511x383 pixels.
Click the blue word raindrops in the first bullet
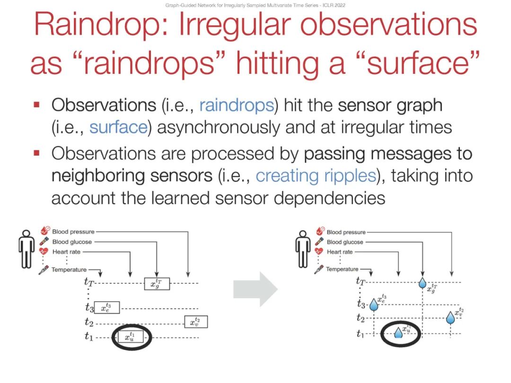click(237, 105)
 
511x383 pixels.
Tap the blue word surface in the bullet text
click(118, 128)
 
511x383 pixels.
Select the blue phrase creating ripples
click(316, 175)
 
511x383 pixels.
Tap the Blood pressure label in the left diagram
click(73, 232)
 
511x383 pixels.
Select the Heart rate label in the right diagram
click(339, 252)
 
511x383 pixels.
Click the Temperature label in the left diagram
click(69, 270)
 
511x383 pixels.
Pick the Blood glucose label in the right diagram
click(345, 242)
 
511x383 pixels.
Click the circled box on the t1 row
click(130, 337)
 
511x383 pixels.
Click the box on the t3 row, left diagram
click(106, 307)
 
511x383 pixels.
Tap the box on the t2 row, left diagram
click(196, 322)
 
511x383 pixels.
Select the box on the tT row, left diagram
click(157, 284)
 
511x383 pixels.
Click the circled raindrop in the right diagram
click(399, 333)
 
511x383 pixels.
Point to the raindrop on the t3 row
click(374, 305)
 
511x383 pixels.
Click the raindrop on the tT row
click(423, 283)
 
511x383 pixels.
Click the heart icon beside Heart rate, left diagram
click(44, 252)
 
